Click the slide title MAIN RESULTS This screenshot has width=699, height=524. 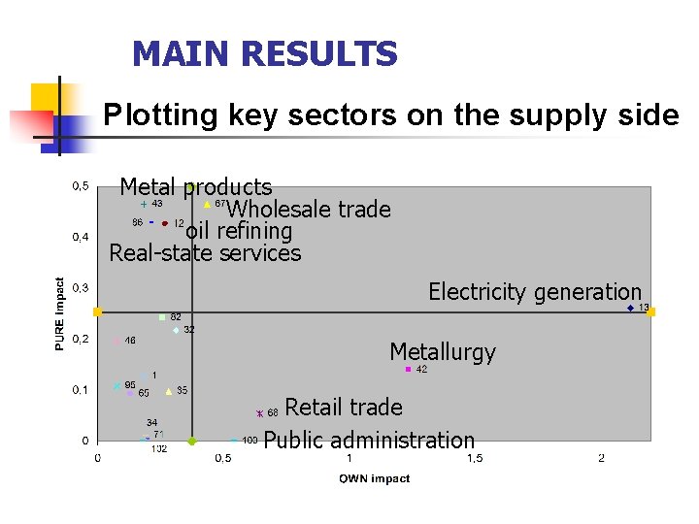[264, 54]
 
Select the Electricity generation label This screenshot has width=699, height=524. [535, 291]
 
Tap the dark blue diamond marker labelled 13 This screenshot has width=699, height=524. [630, 309]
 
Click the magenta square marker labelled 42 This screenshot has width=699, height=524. [408, 370]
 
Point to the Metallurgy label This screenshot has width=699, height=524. [442, 352]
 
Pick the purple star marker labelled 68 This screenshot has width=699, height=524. [259, 413]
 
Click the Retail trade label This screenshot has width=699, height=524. [343, 406]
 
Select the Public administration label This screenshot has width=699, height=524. [369, 440]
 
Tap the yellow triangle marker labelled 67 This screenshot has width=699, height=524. [208, 205]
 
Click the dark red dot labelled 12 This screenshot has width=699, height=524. [165, 223]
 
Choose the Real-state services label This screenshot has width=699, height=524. [205, 253]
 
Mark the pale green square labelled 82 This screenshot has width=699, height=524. [162, 317]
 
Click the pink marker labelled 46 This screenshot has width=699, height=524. [117, 341]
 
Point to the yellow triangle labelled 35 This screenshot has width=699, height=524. [169, 391]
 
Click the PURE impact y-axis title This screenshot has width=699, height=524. [60, 313]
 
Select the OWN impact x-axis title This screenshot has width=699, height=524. [374, 478]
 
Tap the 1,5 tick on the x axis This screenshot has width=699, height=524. [475, 458]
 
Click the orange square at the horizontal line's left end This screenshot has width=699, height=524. [97, 311]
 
